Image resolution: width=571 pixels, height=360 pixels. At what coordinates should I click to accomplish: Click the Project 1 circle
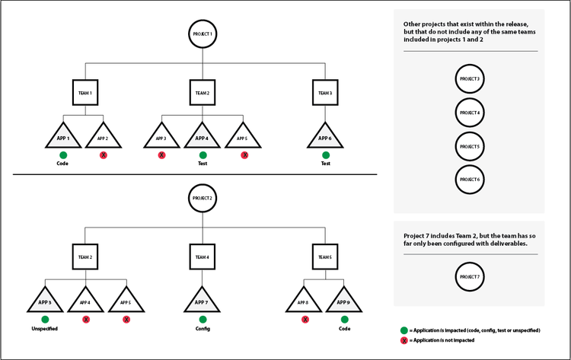203,34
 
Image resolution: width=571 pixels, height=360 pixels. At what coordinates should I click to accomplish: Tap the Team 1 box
85,93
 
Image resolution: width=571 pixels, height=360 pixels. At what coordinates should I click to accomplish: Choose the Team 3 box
325,93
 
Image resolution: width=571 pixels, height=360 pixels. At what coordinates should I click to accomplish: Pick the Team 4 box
203,257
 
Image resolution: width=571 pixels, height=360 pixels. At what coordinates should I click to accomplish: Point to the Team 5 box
325,257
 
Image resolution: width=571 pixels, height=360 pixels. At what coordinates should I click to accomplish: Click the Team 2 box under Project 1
203,93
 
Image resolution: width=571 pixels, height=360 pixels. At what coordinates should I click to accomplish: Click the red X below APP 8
305,320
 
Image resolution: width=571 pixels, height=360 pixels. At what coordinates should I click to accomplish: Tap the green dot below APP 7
203,320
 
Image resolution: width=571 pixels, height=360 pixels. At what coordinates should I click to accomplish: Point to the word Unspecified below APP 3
45,329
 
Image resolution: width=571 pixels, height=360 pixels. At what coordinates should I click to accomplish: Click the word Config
203,329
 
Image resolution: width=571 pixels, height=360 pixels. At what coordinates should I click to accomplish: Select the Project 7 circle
469,277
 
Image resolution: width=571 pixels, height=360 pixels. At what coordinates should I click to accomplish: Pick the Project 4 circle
469,113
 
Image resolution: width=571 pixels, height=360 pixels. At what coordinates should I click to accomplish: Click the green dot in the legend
404,330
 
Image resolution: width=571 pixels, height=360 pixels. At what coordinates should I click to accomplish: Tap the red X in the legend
404,341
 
